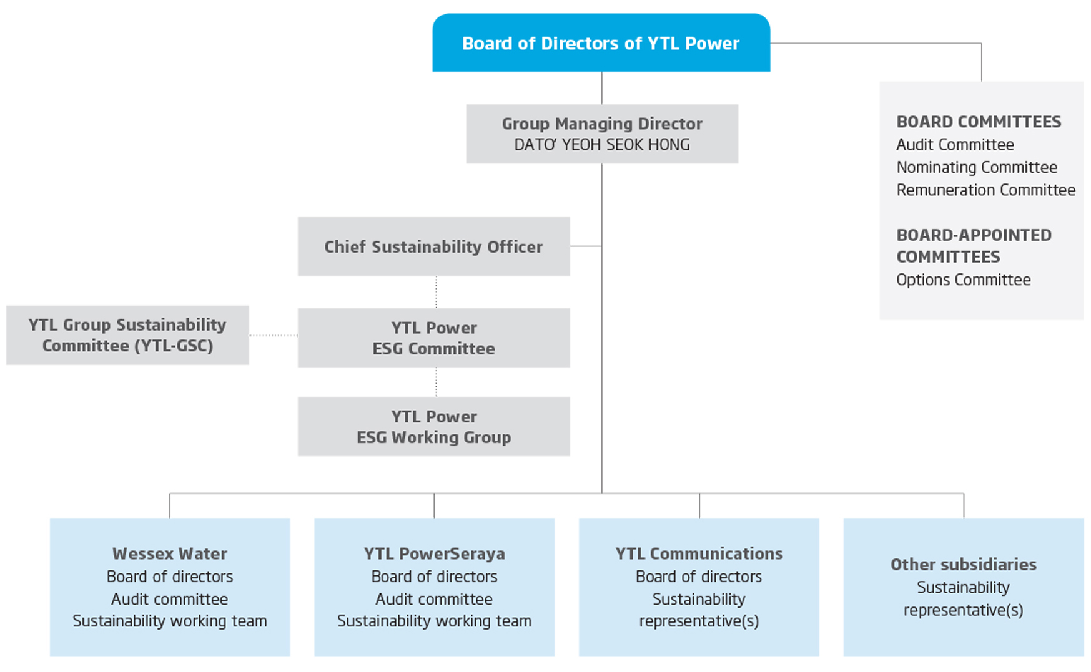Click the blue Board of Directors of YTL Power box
pos(601,43)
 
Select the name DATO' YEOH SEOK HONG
pos(602,145)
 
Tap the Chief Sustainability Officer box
pos(433,246)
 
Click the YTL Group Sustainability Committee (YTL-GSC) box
pos(127,335)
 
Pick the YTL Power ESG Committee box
pos(433,338)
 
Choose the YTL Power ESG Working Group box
pos(433,427)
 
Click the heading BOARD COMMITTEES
pos(979,122)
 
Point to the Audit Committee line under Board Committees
pos(955,145)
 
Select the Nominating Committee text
pos(977,167)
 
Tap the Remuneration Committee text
pos(985,190)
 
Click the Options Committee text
pos(963,280)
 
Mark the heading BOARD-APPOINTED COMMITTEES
pos(974,246)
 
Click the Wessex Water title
pos(170,553)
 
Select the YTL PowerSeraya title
pos(434,553)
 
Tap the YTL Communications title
pos(699,553)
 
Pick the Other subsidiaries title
pos(963,564)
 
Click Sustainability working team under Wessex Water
pos(170,621)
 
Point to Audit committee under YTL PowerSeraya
pos(434,599)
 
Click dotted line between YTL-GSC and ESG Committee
pos(274,336)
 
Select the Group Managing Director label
pos(602,124)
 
